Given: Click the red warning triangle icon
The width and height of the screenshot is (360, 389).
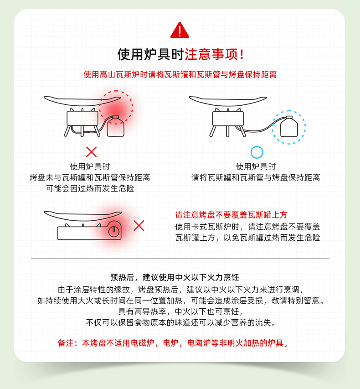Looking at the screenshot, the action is [x=180, y=31].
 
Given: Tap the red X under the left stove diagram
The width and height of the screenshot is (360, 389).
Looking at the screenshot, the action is [x=91, y=152].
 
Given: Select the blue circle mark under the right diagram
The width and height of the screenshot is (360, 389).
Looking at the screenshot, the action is [x=257, y=152].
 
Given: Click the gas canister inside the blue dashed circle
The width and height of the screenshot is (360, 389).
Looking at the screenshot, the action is [x=289, y=126].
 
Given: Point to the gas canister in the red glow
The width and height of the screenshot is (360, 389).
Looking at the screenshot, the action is [x=116, y=126].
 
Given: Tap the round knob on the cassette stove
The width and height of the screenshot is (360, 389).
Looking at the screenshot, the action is [x=114, y=231].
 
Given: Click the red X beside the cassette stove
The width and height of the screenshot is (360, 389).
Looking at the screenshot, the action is [x=139, y=226].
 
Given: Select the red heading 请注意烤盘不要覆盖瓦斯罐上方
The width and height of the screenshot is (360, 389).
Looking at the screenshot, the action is [x=231, y=215].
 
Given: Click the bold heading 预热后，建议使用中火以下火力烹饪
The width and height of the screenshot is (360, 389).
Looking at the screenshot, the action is [x=175, y=277].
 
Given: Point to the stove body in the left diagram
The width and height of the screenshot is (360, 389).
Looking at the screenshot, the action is [x=82, y=118].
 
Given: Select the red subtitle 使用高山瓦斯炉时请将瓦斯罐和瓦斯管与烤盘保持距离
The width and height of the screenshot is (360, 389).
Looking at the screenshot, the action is [x=180, y=74].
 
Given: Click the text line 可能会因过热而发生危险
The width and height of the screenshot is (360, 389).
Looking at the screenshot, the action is [x=90, y=188].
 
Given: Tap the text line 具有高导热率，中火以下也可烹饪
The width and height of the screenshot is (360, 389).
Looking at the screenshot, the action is [x=180, y=311].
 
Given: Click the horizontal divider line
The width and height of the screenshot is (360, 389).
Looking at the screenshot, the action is [x=180, y=259].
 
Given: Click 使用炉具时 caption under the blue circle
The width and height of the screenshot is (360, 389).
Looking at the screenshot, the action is [x=256, y=166].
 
